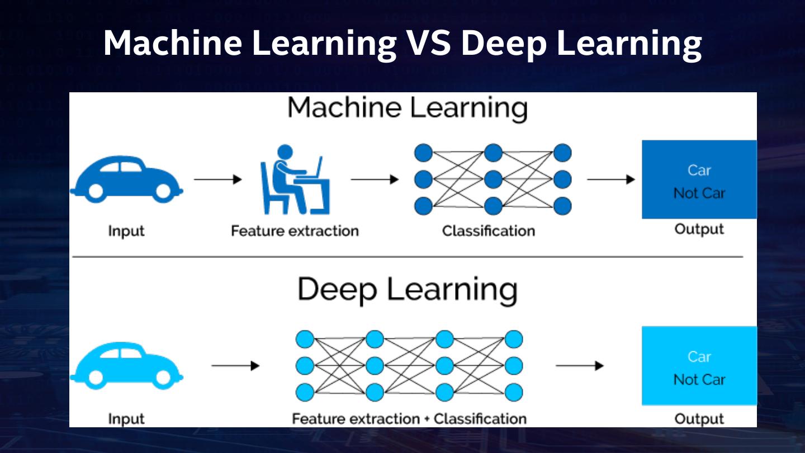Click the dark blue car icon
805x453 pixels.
point(126,178)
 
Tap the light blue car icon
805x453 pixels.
point(126,366)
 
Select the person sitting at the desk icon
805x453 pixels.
point(295,180)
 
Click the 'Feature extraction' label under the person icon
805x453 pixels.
point(295,230)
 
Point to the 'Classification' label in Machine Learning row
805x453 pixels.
point(488,230)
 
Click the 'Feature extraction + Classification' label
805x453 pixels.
point(409,418)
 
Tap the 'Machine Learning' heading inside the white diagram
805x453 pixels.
point(408,108)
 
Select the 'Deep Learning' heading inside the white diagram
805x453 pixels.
point(407,290)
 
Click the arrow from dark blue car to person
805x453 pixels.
point(217,180)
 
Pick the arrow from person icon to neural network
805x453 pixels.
point(374,180)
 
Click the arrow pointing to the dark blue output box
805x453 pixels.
point(610,180)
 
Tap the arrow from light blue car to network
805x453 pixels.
point(235,366)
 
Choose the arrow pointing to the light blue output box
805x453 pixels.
point(579,366)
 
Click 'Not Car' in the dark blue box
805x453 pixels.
point(699,194)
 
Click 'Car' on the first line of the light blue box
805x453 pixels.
point(699,356)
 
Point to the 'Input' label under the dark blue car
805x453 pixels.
point(126,230)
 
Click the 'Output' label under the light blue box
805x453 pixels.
point(699,418)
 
